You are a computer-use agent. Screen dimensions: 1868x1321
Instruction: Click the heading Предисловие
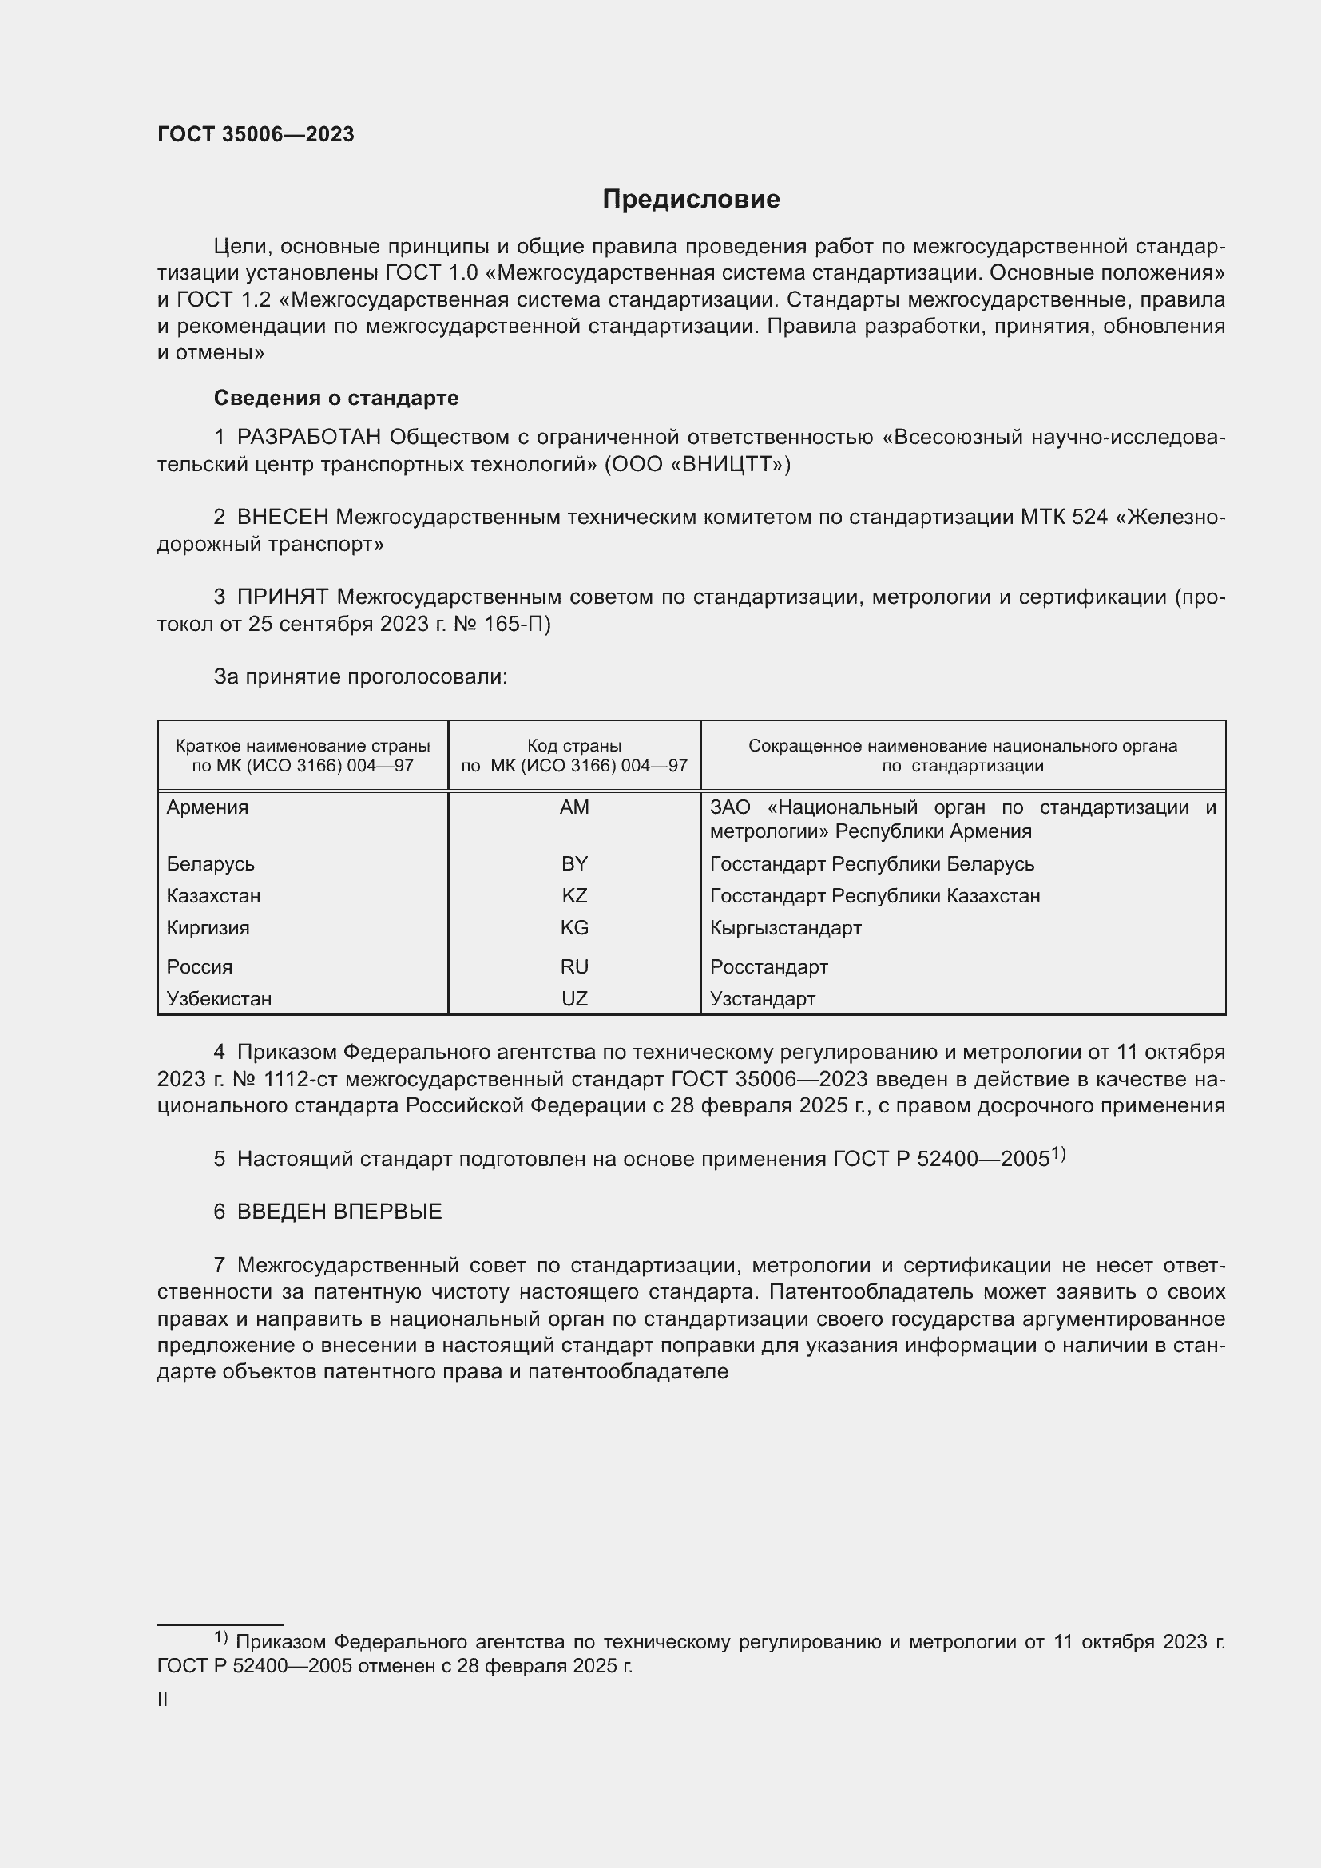691,200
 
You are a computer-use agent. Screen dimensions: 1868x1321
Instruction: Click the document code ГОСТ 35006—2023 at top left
256,135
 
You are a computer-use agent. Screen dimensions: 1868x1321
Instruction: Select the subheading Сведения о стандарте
336,398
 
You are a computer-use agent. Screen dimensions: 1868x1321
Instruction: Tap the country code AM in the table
574,807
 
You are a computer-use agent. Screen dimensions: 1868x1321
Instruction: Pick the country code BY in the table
574,863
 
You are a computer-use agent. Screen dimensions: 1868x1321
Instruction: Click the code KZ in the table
574,896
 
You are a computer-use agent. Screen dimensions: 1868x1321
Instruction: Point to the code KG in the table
574,927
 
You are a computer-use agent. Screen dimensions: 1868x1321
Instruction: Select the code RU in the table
574,966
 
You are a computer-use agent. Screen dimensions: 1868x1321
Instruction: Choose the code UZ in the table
574,998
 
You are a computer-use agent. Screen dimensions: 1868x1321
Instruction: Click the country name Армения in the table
208,807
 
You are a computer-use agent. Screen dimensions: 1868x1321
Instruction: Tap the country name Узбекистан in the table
219,998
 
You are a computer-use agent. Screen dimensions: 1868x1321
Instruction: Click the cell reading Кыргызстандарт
785,927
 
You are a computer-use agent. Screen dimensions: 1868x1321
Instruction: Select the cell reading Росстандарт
768,966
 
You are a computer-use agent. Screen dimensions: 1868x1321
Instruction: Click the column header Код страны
574,745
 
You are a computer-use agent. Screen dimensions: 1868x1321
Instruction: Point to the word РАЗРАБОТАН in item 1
309,438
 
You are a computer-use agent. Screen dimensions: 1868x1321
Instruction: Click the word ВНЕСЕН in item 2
283,518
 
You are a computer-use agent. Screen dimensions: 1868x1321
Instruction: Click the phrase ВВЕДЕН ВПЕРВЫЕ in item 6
339,1212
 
